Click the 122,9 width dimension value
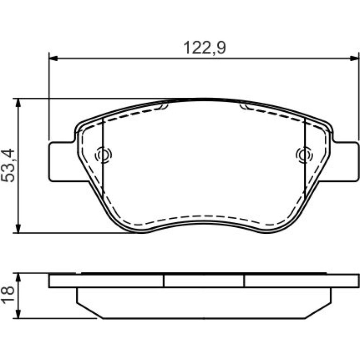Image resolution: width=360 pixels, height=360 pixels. point(205,48)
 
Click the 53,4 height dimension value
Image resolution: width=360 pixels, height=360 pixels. point(8,166)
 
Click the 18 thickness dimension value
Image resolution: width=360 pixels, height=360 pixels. point(8,295)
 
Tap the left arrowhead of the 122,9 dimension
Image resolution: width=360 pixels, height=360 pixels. point(53,58)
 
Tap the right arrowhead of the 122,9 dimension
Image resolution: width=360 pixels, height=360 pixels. point(354,58)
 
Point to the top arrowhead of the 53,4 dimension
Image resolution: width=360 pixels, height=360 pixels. point(18,103)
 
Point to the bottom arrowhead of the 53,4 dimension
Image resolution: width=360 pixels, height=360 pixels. point(18,229)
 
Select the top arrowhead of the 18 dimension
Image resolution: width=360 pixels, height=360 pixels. point(18,278)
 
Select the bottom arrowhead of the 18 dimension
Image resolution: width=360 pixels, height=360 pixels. point(18,314)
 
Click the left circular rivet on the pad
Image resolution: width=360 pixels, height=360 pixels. point(103,155)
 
